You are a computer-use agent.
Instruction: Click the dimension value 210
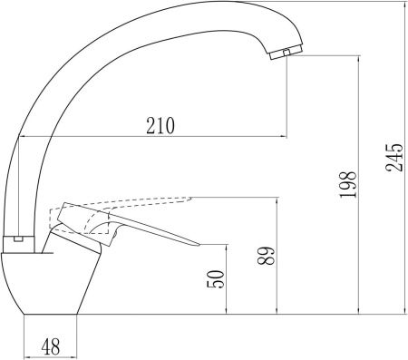click(160, 125)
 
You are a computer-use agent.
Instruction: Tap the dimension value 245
click(394, 156)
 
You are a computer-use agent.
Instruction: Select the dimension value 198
click(348, 185)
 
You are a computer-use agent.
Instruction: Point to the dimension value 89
click(267, 256)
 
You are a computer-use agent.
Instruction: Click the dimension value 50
click(216, 278)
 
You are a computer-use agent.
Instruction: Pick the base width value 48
click(51, 346)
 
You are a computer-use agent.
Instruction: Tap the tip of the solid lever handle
click(199, 244)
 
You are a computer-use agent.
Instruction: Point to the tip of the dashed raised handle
click(190, 199)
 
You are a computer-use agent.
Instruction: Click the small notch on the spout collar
click(18, 239)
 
